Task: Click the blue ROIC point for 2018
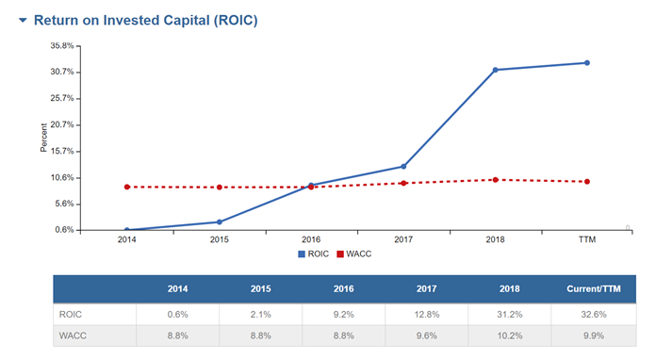tap(495, 70)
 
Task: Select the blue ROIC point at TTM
tap(586, 63)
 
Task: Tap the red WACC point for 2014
tap(126, 187)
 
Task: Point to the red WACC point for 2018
tap(495, 180)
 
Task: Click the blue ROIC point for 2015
tap(219, 222)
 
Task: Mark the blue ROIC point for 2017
tap(403, 167)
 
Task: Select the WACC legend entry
tap(355, 254)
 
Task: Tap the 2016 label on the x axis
tap(311, 240)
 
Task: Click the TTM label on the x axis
tap(586, 240)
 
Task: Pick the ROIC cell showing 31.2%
tap(496, 315)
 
